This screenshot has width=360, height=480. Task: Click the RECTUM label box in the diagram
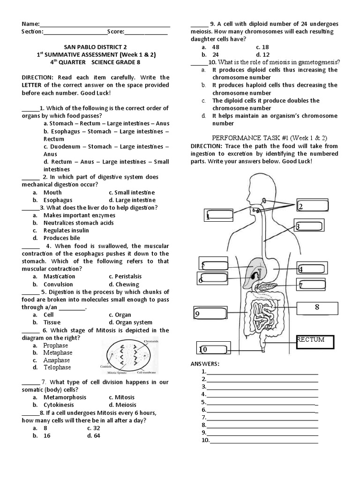(x=315, y=342)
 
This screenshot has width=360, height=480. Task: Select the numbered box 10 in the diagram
(x=213, y=349)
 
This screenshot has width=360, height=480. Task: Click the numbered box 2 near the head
(x=312, y=207)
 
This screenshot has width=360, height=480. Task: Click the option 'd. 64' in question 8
(x=94, y=435)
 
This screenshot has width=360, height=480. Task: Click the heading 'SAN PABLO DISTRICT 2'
(x=95, y=47)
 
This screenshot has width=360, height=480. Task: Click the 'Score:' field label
(x=115, y=32)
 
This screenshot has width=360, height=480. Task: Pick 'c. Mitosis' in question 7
(x=121, y=397)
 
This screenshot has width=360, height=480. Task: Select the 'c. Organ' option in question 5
(x=120, y=315)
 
